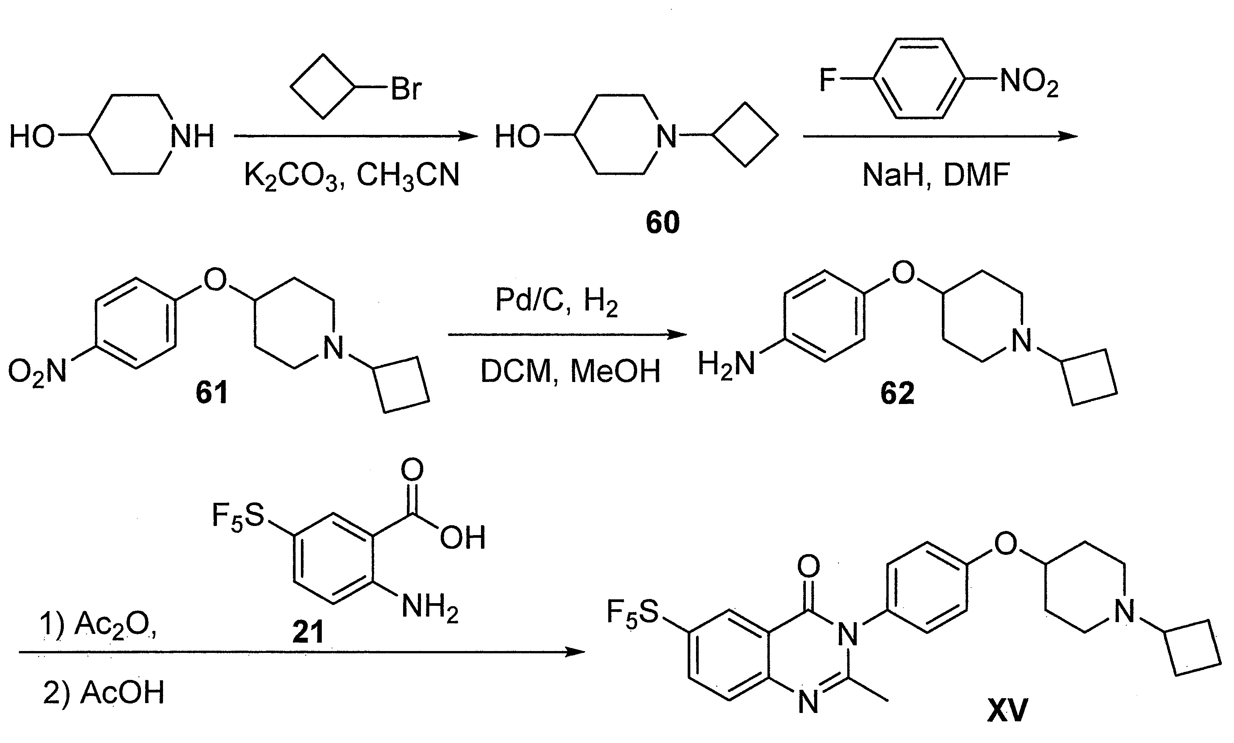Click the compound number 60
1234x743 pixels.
(x=663, y=223)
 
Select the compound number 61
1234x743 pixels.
(x=212, y=392)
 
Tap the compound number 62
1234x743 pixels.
(x=897, y=393)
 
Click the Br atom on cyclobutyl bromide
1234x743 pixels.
(x=406, y=89)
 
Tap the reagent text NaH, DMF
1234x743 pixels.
(x=936, y=175)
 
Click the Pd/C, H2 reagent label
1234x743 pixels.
(x=557, y=301)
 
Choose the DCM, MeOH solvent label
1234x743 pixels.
(x=570, y=372)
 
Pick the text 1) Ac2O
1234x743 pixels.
(x=98, y=626)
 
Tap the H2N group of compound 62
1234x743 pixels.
(x=726, y=364)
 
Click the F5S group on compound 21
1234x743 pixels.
(x=238, y=516)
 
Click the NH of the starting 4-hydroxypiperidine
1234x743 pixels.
(x=192, y=136)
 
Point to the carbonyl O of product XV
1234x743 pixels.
(x=808, y=566)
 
